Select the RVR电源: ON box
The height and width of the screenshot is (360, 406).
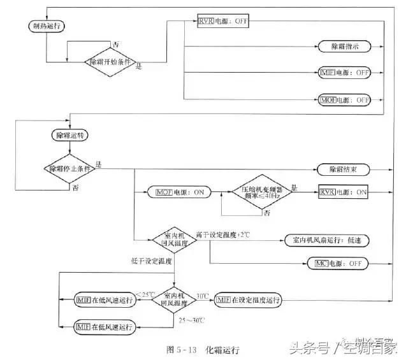tap(344, 191)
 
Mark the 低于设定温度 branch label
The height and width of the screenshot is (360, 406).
tap(152, 261)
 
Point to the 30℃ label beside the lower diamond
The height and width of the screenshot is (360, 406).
tap(203, 295)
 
